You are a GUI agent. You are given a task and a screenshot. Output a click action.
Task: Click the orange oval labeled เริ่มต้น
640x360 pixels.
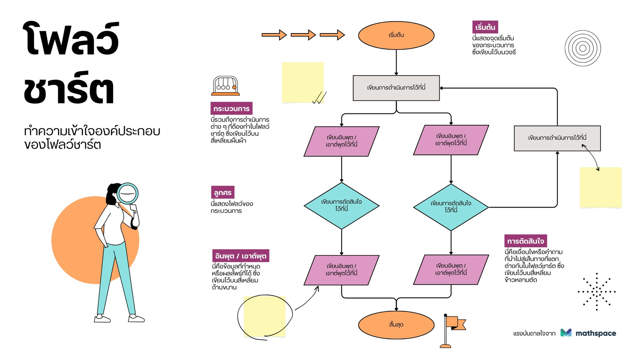tap(396, 35)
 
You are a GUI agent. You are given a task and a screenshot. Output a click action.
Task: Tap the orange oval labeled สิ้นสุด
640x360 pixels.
tap(396, 325)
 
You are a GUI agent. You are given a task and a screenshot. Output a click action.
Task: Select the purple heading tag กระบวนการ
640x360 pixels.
tap(232, 108)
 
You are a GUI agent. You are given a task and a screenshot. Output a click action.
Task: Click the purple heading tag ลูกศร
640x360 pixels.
tap(223, 192)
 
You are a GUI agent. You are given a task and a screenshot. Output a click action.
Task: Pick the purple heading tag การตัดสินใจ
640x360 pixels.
tap(526, 241)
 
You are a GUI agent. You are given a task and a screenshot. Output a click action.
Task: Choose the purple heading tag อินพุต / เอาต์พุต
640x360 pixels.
tap(240, 256)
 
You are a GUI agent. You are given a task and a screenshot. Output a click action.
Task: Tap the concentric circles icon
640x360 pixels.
tap(583, 48)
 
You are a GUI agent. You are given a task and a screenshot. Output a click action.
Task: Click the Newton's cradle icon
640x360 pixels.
tap(226, 86)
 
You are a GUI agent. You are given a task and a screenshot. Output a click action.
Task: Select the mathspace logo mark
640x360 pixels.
tap(566, 332)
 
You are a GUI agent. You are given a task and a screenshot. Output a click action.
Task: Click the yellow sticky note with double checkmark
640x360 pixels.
tap(303, 82)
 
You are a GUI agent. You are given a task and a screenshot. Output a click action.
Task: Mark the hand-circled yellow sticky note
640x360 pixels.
tap(264, 316)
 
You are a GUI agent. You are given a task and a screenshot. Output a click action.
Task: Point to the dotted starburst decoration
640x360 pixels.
tap(596, 292)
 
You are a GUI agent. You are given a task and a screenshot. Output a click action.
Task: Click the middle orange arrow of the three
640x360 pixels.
tap(303, 35)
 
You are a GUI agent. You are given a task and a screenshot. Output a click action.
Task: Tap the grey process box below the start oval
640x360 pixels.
tap(396, 88)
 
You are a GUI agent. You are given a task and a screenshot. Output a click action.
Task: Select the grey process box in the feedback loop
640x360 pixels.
tap(557, 138)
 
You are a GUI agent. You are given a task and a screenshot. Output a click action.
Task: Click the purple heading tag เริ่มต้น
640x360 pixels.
tap(485, 27)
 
